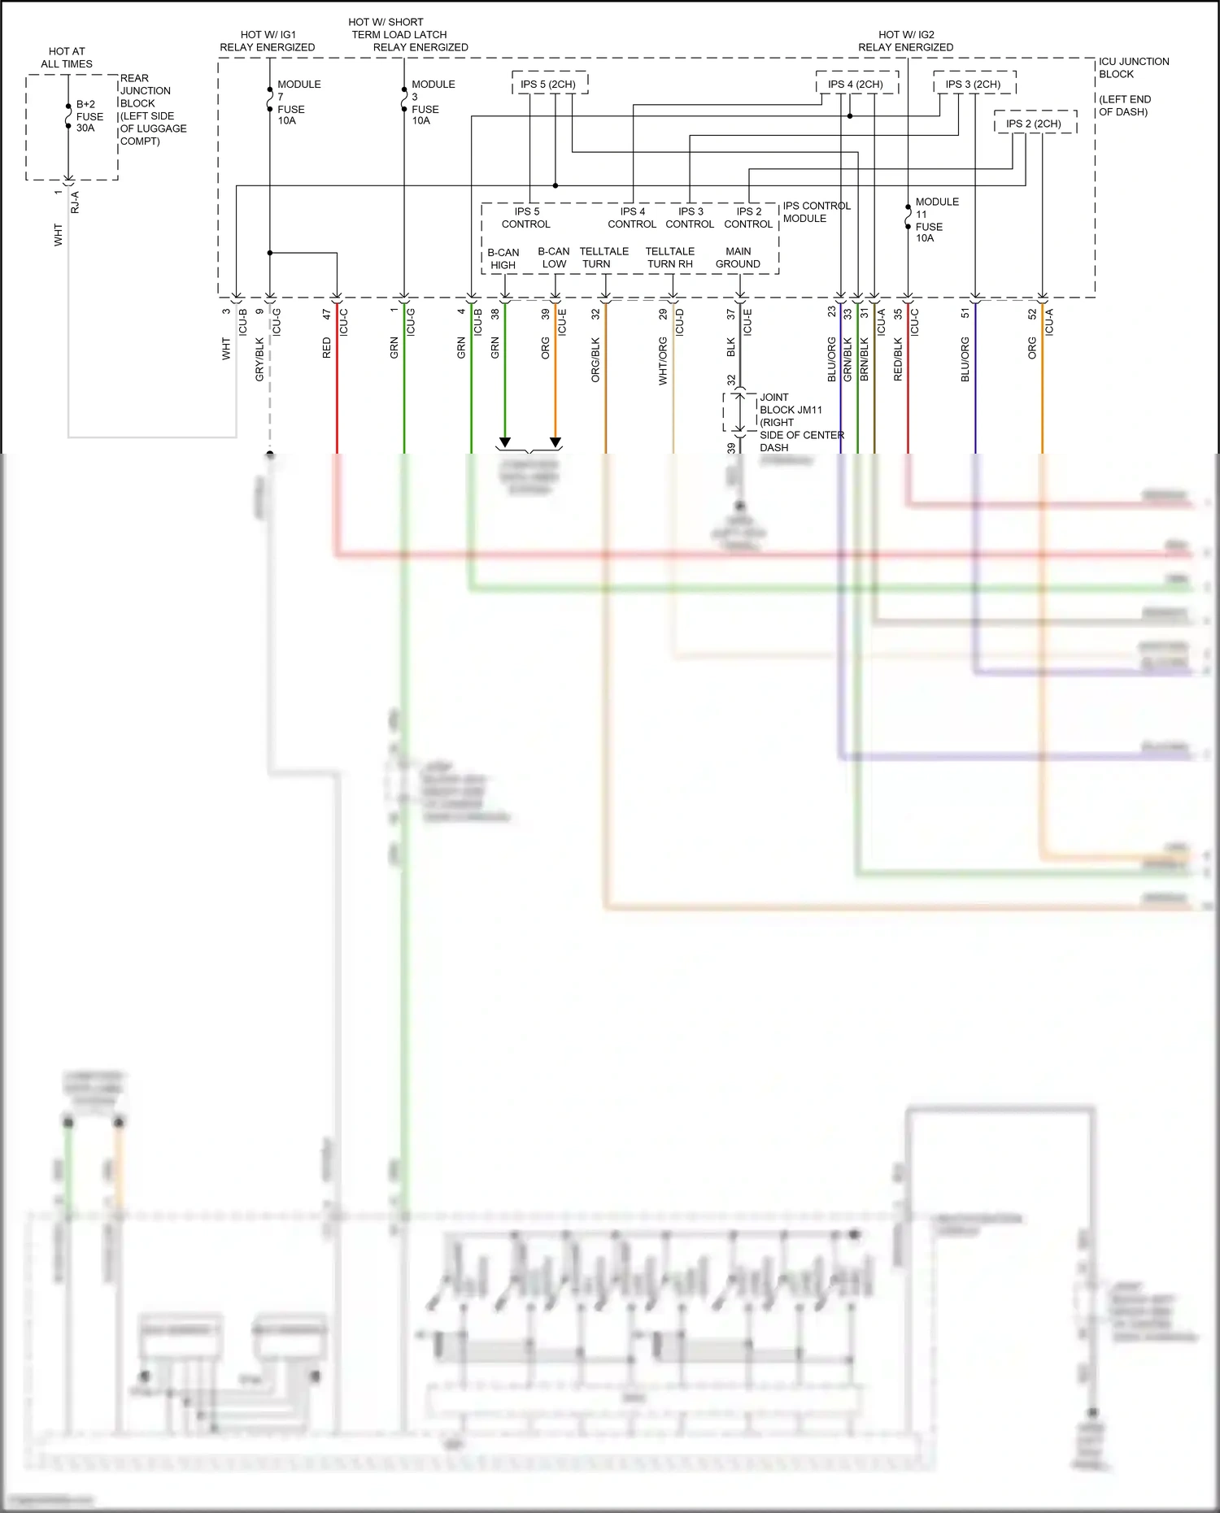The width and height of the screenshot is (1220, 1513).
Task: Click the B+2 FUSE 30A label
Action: coord(89,116)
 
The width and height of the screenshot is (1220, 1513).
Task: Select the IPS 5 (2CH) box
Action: coord(549,84)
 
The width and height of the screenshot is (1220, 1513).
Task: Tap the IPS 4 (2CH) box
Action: coord(856,84)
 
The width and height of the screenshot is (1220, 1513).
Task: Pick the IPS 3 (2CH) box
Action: coord(973,84)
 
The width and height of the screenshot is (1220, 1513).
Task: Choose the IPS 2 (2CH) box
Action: coord(1034,124)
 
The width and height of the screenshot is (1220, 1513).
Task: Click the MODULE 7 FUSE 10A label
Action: coord(298,102)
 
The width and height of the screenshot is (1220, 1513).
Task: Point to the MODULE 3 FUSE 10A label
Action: coord(432,102)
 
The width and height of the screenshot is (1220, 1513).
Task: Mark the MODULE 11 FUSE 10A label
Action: coord(936,220)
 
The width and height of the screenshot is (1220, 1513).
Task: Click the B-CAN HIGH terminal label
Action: coord(503,259)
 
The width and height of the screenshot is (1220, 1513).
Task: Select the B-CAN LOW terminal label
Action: coord(554,258)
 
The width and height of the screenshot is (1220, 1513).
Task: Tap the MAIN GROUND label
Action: coord(738,258)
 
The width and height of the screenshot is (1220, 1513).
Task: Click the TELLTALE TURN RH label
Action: coord(670,258)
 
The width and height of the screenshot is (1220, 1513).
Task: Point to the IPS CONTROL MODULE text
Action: coord(816,212)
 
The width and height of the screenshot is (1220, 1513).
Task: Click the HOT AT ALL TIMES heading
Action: coord(67,58)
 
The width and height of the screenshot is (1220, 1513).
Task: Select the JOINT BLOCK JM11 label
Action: coord(791,404)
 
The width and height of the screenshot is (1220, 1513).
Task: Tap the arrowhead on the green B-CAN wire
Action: coord(504,442)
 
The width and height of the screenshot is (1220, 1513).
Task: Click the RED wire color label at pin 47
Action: coord(327,348)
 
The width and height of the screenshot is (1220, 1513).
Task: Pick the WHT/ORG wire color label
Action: coord(663,361)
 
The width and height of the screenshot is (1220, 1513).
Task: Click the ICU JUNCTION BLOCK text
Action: coord(1133,67)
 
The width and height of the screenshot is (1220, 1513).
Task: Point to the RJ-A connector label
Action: coord(76,202)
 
